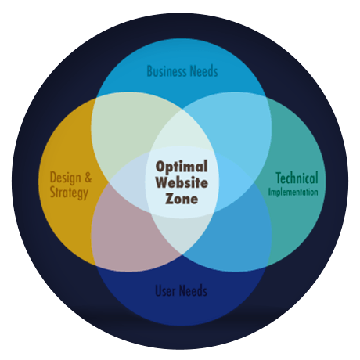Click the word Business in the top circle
coord(167,71)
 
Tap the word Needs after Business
coord(204,71)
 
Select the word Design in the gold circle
coord(66,178)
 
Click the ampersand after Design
coord(88,178)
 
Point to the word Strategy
coord(69,193)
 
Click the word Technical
coord(297,178)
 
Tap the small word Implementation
coord(293,192)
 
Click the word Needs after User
coord(194,290)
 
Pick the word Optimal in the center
coord(182,167)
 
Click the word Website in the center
coord(182,182)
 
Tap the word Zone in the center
coord(182,199)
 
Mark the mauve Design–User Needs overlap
coord(125,235)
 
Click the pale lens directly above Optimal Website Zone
coord(182,131)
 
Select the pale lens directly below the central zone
coord(182,233)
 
